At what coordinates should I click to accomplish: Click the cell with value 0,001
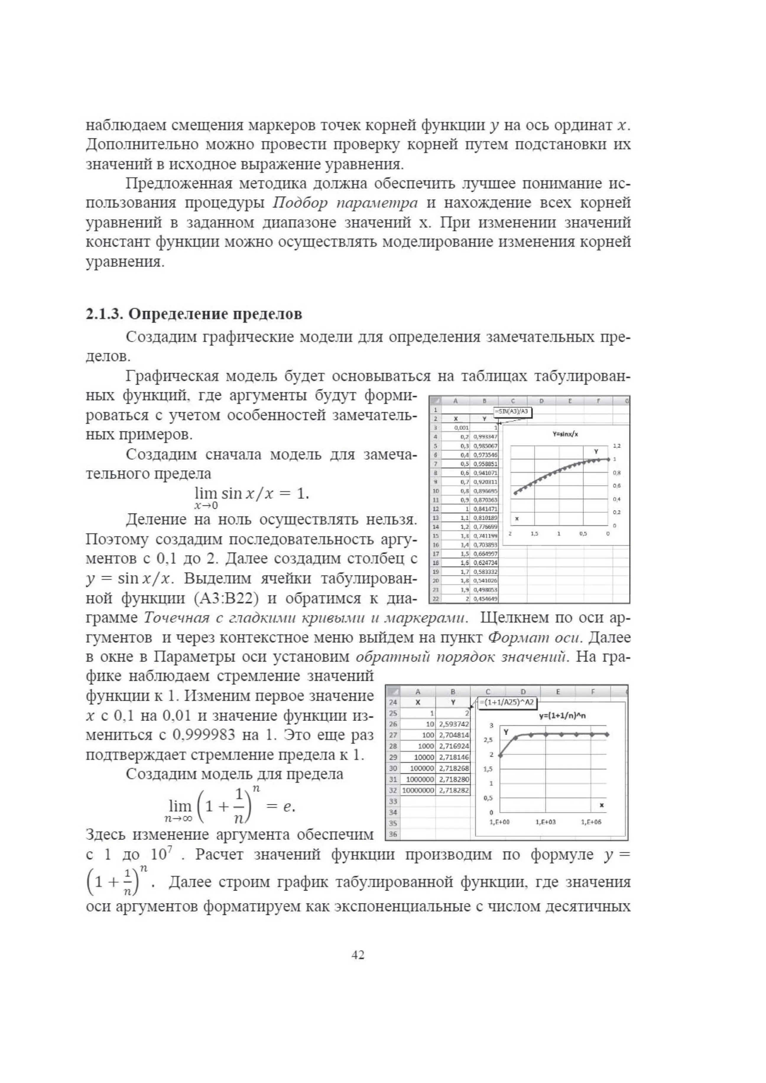461,428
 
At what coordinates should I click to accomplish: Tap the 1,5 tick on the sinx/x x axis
534,533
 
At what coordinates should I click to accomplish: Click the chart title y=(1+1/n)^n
562,716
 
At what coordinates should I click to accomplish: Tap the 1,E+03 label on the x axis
546,822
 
